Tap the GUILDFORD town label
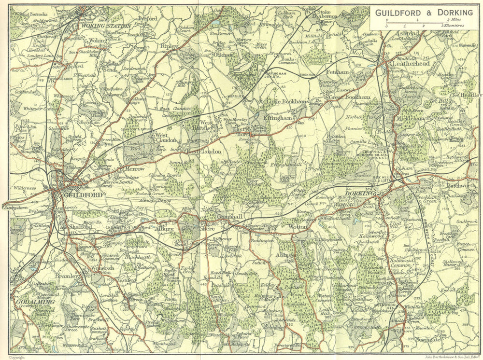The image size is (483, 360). click(81, 195)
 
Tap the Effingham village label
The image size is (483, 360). click(278, 117)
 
